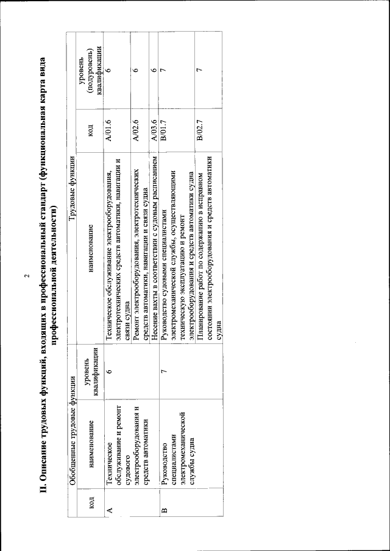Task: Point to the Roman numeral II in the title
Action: click(x=48, y=507)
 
